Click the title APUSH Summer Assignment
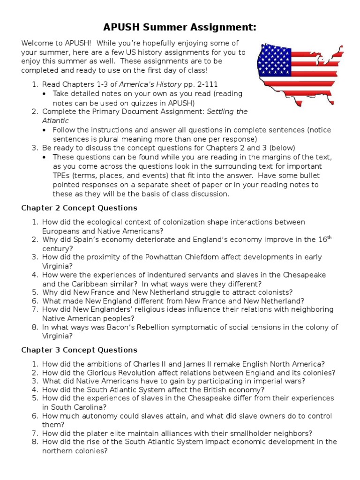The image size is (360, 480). click(180, 27)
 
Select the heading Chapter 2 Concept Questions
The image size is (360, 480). click(79, 208)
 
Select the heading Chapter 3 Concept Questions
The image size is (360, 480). click(79, 350)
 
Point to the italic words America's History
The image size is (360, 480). click(147, 84)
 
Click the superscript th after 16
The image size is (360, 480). click(329, 237)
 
